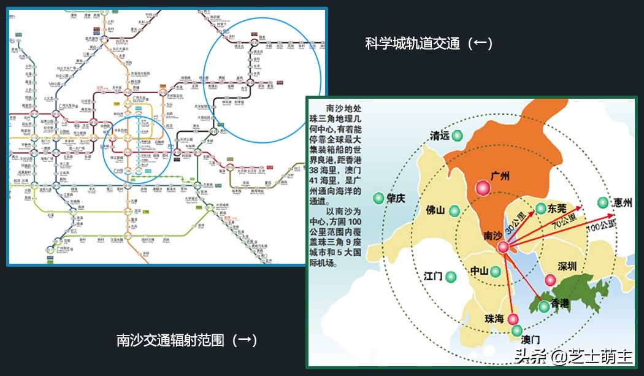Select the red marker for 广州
coord(483,188)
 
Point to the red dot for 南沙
coord(503,247)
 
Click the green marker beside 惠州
coord(602,202)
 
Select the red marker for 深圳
coord(550,280)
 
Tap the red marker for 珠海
coord(513,318)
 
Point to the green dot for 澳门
coord(517,331)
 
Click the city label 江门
coord(432,277)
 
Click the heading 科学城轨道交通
coord(429,44)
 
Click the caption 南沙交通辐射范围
coord(186,340)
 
